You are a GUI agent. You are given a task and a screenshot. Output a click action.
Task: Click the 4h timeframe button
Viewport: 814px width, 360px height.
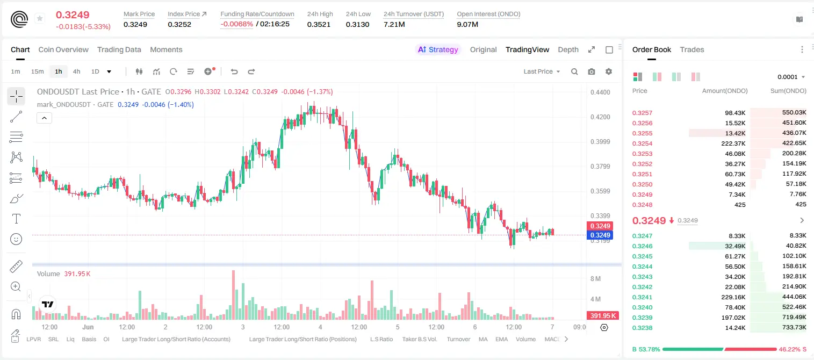click(76, 71)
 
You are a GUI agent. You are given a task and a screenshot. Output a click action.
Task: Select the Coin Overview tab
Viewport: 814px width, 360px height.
click(63, 49)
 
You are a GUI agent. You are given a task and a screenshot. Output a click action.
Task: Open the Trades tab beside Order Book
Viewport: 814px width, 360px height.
click(692, 49)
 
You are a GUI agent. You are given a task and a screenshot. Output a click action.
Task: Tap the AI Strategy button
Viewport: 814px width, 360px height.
click(438, 49)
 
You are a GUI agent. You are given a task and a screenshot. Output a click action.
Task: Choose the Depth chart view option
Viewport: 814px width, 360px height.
click(568, 49)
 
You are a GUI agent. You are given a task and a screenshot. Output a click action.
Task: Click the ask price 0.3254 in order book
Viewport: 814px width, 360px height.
click(642, 143)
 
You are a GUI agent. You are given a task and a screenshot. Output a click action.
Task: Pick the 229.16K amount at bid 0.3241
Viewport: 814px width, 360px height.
click(733, 297)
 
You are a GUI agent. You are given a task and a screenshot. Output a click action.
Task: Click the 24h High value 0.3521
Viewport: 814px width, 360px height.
click(319, 24)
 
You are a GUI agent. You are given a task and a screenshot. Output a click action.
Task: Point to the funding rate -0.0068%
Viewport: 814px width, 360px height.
click(236, 24)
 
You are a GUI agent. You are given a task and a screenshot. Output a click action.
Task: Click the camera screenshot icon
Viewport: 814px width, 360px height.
click(592, 71)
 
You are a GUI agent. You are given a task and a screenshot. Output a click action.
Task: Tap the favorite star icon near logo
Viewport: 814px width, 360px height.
click(40, 18)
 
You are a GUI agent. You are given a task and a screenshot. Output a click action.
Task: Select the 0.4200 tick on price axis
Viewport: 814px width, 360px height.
click(600, 117)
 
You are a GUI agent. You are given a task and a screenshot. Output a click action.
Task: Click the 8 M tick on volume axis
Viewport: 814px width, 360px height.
click(595, 279)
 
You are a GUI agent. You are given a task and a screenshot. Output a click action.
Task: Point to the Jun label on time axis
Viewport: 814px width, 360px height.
click(88, 327)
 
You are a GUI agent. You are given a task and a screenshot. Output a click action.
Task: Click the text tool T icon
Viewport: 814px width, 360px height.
click(16, 219)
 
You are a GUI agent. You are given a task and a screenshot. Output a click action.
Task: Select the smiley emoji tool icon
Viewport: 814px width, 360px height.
click(16, 239)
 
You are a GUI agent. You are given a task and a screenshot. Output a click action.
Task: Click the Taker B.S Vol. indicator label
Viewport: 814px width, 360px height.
click(419, 339)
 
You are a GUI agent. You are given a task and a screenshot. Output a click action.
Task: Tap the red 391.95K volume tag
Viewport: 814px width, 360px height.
click(603, 316)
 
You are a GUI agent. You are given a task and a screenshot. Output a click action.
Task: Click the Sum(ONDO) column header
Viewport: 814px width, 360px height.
click(788, 91)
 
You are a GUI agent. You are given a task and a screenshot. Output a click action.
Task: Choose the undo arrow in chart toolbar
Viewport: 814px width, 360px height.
click(234, 71)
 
